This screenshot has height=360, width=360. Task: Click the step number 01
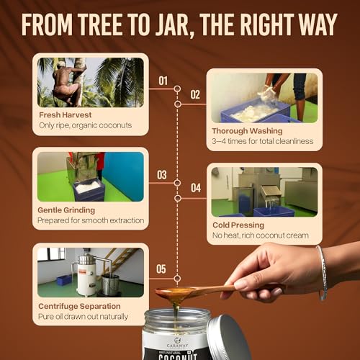click(x=163, y=81)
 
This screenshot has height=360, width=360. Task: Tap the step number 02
click(x=195, y=94)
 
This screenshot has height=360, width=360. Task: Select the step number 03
click(x=162, y=175)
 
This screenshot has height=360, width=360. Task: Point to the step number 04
click(x=196, y=188)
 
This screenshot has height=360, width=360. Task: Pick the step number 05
click(x=161, y=269)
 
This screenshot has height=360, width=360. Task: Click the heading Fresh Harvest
click(x=66, y=115)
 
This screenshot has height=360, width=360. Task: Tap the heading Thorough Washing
click(x=247, y=131)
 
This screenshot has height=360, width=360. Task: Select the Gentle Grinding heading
click(x=66, y=210)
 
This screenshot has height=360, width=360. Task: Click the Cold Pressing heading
click(x=238, y=225)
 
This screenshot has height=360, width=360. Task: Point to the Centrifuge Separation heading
click(x=79, y=306)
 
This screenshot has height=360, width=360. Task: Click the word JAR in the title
click(x=172, y=25)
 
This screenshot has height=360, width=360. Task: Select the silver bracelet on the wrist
click(x=323, y=272)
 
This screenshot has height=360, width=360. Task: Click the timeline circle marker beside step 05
click(x=177, y=279)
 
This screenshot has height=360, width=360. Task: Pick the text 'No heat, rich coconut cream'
click(x=261, y=235)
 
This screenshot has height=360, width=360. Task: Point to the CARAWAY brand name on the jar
click(x=178, y=346)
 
